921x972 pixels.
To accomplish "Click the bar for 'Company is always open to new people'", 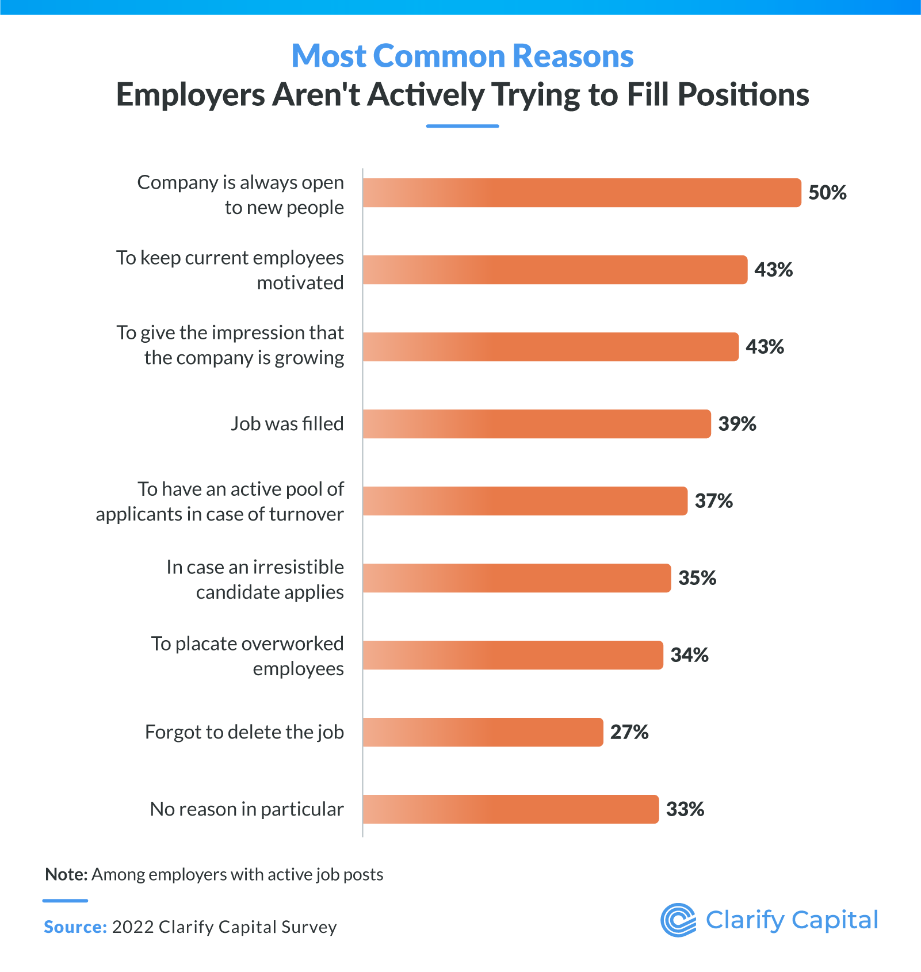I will pos(581,193).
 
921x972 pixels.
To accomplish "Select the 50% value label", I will pos(827,193).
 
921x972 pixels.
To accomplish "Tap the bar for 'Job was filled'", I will pos(536,424).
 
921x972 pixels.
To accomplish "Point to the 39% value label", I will pos(737,424).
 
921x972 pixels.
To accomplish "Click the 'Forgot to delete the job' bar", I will pos(482,732).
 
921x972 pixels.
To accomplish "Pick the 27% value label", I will pos(629,732).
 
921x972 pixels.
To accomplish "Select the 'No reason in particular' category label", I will pos(247,809).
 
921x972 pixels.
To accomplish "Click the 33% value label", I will pos(685,809).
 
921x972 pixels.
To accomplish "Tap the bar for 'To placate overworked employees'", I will pos(512,655).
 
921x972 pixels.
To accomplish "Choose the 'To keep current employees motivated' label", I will pos(230,270).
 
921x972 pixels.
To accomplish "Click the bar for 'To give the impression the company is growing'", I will pos(550,347).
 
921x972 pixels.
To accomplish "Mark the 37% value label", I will pos(713,501).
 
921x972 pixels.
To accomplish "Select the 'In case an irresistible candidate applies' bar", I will pos(516,578).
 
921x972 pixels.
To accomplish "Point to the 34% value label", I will pos(689,655).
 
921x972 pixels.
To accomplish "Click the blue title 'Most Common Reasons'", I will pos(462,56).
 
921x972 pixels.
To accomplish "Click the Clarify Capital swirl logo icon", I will pos(678,920).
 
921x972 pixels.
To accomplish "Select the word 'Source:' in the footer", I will pos(75,927).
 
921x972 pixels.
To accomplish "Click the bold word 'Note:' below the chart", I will pos(66,874).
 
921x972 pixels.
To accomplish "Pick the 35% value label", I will pos(697,578).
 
